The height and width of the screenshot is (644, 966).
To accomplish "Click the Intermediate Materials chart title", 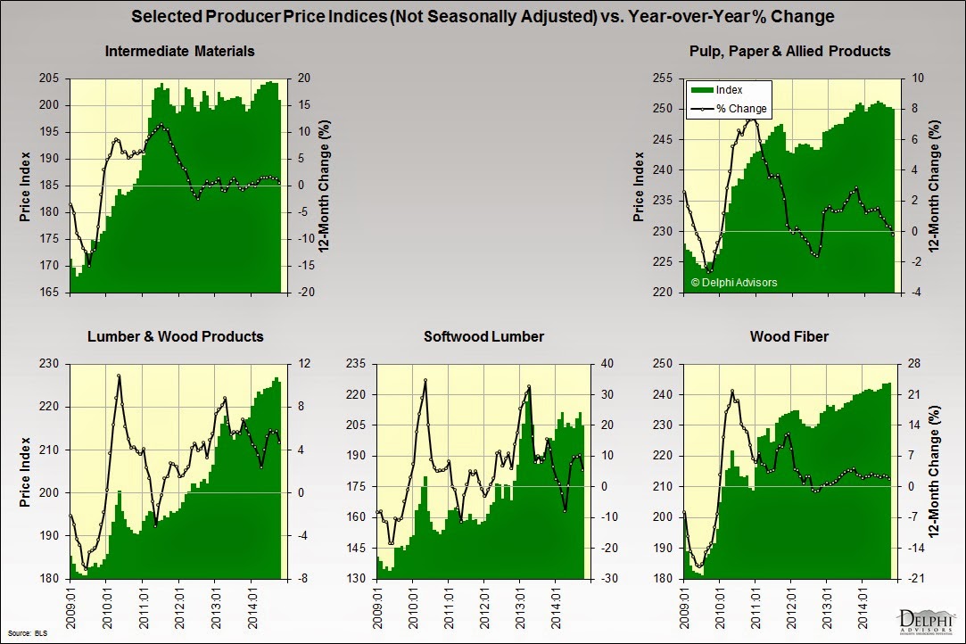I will point(179,51).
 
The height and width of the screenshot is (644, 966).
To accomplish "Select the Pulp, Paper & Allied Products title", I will point(789,51).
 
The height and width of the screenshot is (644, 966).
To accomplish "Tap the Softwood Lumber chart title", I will point(483,336).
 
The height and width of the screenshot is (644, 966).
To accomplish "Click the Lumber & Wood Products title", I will point(176,336).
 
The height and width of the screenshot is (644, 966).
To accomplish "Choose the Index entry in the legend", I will point(729,90).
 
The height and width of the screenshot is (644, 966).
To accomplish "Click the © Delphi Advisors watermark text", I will point(734,283).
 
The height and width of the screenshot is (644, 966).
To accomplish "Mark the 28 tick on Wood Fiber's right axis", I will point(911,364).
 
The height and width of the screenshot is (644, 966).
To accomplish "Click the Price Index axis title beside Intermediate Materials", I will point(25,186).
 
